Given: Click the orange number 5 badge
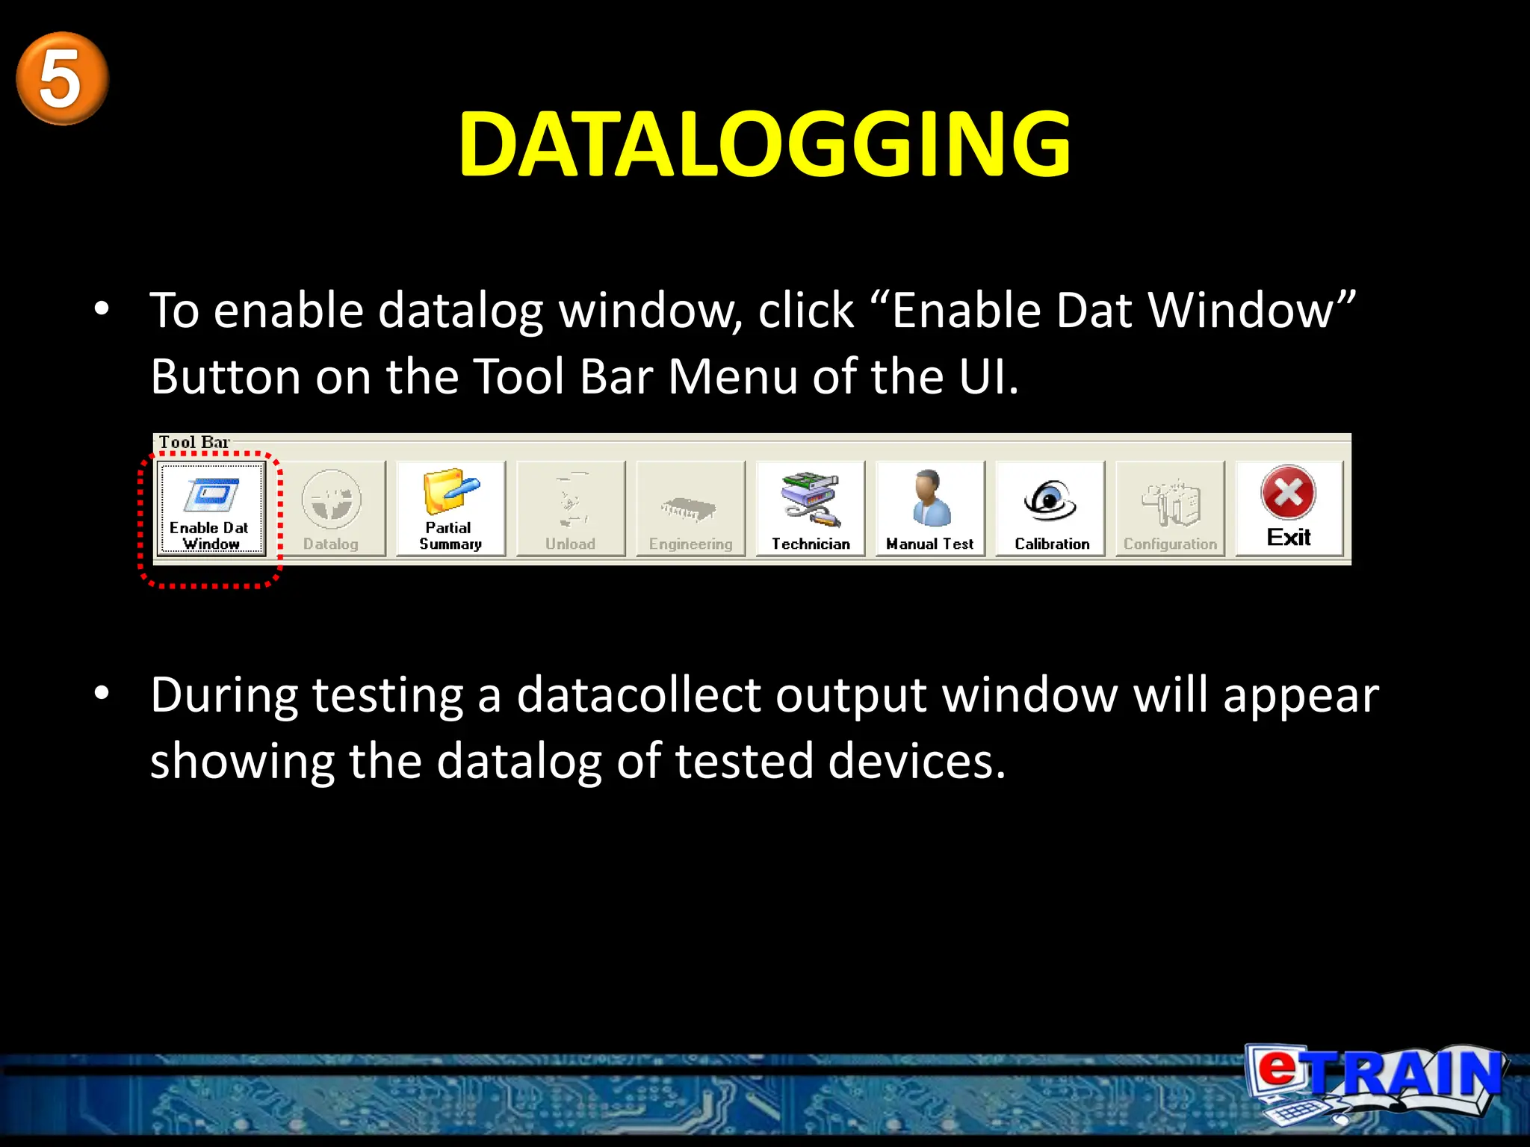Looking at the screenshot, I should (x=62, y=78).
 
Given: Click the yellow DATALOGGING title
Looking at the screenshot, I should (x=764, y=144).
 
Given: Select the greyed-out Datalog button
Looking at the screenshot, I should (x=331, y=509).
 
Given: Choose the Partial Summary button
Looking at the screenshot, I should (x=450, y=509).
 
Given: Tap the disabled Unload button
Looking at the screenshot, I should (x=571, y=509).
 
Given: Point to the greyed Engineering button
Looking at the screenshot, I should (x=690, y=509).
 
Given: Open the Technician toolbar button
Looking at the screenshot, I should (x=811, y=509).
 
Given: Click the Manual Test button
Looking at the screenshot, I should (x=930, y=509).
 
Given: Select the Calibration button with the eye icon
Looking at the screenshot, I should (x=1050, y=509).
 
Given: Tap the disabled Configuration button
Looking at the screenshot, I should (x=1170, y=509).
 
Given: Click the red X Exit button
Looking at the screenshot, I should (x=1289, y=508).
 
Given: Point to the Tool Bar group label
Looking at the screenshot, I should (x=193, y=442).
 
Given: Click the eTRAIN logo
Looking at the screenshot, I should (x=1375, y=1081).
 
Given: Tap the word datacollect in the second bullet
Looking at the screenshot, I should (x=639, y=695).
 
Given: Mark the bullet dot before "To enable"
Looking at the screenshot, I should (x=102, y=308).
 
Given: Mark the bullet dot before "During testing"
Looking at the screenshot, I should (x=102, y=693).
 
